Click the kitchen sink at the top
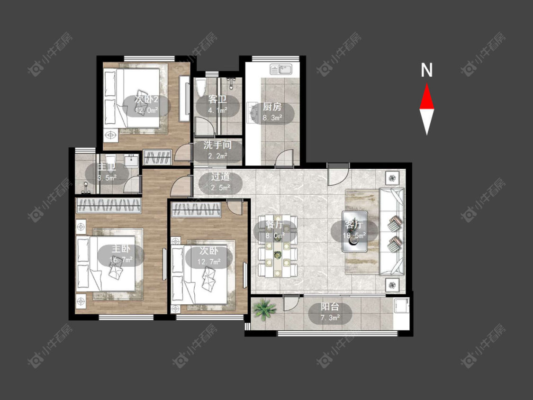[281, 69]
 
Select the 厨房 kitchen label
[272, 107]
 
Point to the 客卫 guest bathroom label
[217, 100]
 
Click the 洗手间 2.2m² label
[217, 150]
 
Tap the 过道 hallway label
[220, 176]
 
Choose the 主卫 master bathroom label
[107, 167]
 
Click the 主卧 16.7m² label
[121, 254]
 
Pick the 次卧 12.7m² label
[209, 256]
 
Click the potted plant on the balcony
[264, 309]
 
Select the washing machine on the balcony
[401, 305]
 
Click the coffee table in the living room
[355, 231]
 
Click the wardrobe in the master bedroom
[108, 205]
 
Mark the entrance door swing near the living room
[338, 174]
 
